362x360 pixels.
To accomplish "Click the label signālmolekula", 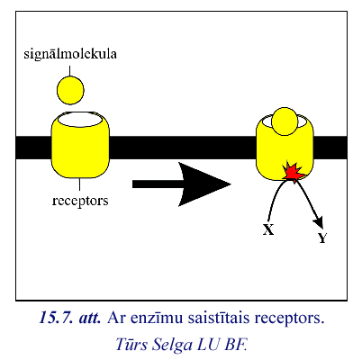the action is tap(70, 54).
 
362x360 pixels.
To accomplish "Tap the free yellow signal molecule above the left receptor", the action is tap(70, 90).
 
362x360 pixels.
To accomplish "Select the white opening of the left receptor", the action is tap(80, 120).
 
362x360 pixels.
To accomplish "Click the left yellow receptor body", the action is tap(80, 147).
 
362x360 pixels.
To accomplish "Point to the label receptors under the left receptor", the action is tap(80, 201).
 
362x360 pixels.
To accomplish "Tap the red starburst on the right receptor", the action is tap(293, 172).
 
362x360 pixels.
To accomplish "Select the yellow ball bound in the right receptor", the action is tap(285, 121).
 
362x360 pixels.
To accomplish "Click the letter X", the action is tap(268, 229).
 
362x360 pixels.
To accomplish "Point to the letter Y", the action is tap(322, 238).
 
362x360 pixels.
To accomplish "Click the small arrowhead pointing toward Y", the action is tap(319, 222).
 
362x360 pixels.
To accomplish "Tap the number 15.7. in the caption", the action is tap(56, 318).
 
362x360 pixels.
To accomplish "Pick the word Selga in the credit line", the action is tap(172, 345).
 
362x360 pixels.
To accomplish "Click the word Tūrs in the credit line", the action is tap(131, 344).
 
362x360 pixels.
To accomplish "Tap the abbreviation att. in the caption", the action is tap(90, 318).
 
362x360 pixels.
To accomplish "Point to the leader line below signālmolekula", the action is tap(69, 71).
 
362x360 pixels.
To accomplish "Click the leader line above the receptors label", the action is tap(79, 184).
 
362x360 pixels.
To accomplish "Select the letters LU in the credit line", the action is tap(208, 345).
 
